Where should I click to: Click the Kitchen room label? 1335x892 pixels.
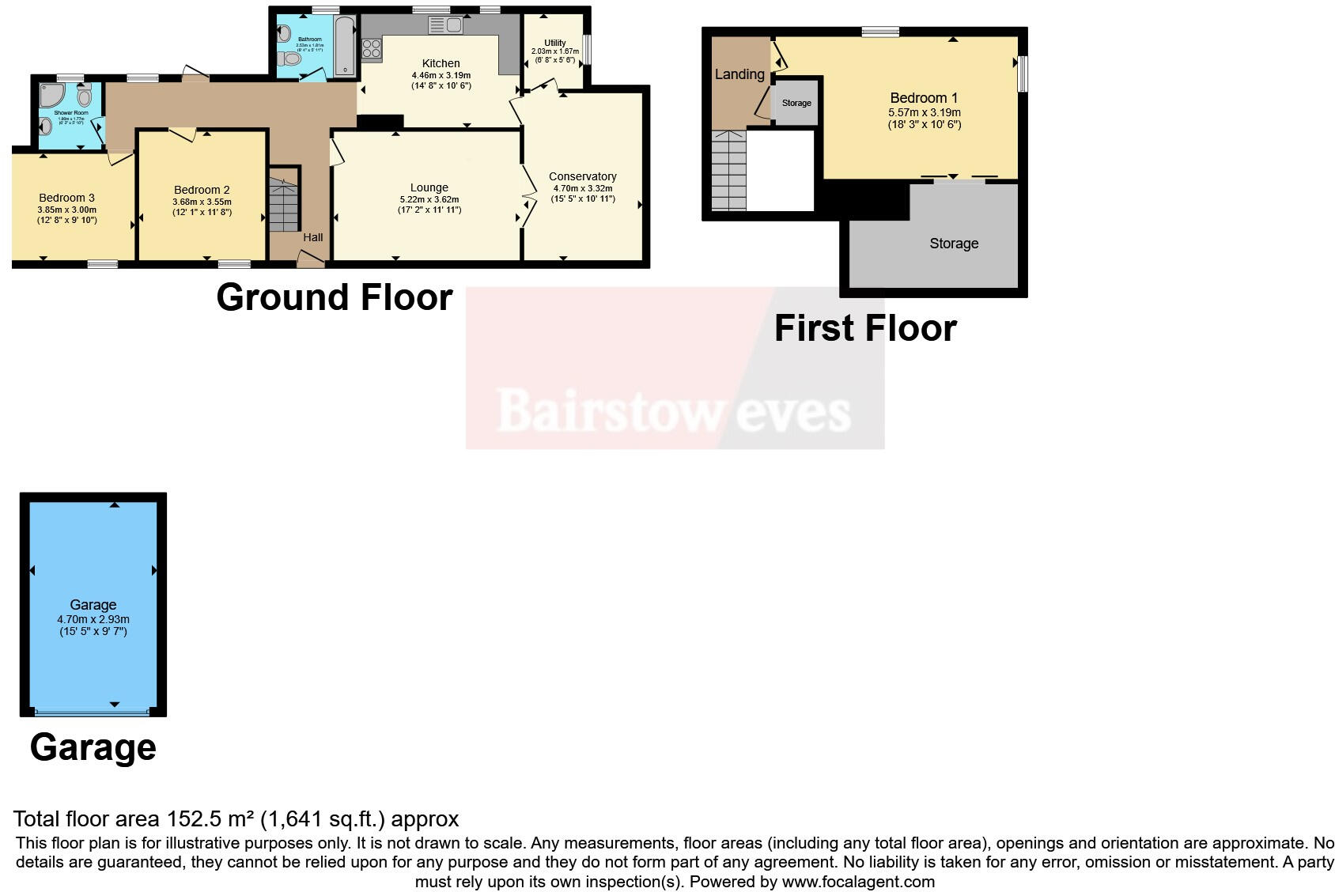(x=441, y=63)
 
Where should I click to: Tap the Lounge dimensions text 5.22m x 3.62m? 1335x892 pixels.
(x=429, y=199)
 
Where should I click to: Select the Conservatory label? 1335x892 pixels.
(x=582, y=176)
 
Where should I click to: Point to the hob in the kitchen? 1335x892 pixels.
(x=371, y=50)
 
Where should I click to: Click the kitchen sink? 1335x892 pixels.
(x=446, y=25)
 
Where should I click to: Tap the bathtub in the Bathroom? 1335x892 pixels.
(x=345, y=47)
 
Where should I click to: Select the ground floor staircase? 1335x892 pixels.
(x=283, y=204)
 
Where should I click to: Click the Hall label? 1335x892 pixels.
(x=313, y=237)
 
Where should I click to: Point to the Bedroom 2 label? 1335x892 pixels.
(x=202, y=190)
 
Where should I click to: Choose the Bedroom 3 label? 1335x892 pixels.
(x=66, y=198)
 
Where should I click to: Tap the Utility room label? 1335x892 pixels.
(x=554, y=43)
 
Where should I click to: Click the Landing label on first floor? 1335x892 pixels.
(x=739, y=74)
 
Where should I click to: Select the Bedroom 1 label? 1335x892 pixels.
(x=924, y=98)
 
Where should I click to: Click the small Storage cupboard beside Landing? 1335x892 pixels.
(x=796, y=103)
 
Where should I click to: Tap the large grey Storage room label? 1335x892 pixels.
(x=954, y=244)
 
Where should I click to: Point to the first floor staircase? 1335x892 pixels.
(x=728, y=171)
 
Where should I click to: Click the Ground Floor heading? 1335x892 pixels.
(x=334, y=297)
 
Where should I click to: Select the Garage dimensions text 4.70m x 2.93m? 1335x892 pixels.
(x=93, y=619)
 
